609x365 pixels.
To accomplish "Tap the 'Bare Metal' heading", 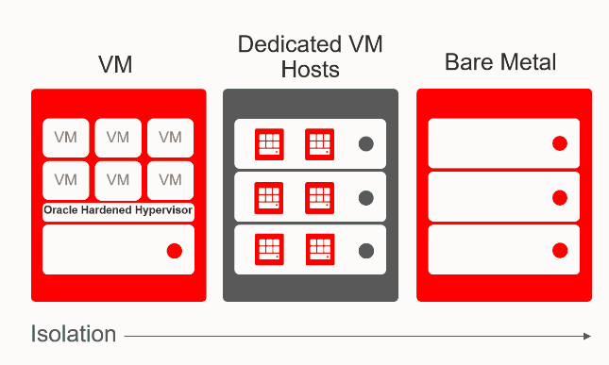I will [x=500, y=64].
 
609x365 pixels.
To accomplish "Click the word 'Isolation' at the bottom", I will [x=74, y=334].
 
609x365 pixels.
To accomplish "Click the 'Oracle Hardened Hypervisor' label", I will [x=118, y=210].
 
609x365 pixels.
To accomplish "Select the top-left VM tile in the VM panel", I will [x=66, y=138].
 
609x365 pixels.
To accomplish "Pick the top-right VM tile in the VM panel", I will [x=170, y=138].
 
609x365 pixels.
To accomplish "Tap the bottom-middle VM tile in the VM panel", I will [x=118, y=180].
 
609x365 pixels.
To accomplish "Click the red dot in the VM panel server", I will [x=174, y=251].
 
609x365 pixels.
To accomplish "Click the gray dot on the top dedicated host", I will [x=366, y=144].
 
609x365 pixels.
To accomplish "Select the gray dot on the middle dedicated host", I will [x=366, y=198].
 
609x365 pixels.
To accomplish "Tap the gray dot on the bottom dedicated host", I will [x=366, y=251].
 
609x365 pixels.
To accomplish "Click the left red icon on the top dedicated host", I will [x=270, y=144].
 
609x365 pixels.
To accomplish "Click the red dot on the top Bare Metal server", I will [x=559, y=144].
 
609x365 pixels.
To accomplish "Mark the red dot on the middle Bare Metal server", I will [x=559, y=198].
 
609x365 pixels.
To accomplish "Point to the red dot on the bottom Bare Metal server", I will [x=559, y=251].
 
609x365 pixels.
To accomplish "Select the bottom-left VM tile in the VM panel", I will [x=66, y=180].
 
